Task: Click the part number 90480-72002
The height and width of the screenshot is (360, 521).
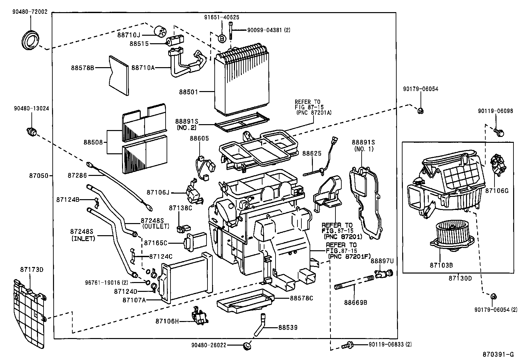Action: click(30, 12)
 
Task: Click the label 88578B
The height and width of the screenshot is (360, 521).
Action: click(82, 68)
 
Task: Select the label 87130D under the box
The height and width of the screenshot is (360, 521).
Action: click(460, 278)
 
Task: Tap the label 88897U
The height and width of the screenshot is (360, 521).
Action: click(382, 261)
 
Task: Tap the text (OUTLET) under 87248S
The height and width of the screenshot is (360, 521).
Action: click(155, 226)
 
